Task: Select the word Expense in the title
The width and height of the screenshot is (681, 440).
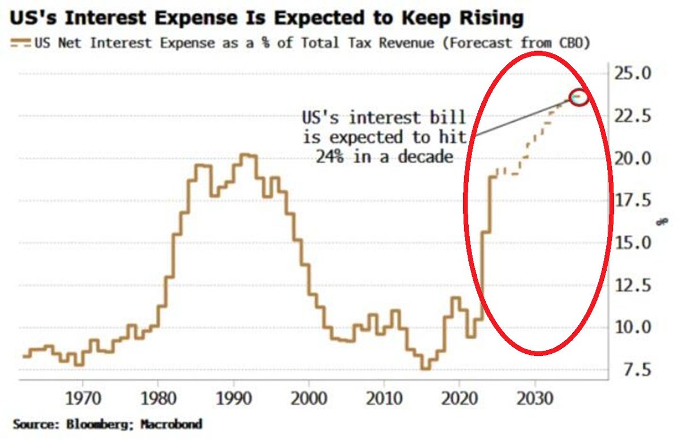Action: coord(191,18)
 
